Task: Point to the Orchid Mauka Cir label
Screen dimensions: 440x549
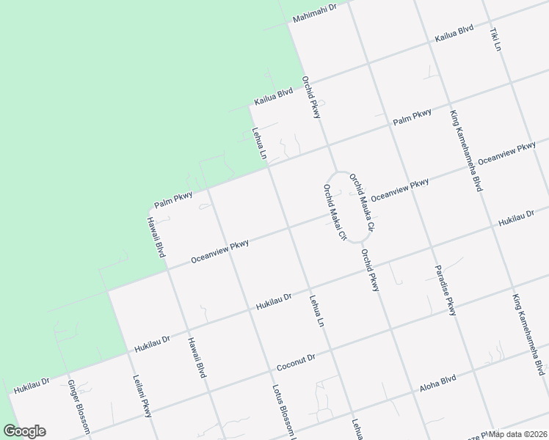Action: click(x=361, y=203)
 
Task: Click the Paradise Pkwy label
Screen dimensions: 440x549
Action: click(x=445, y=290)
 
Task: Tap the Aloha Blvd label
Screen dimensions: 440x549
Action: click(x=438, y=383)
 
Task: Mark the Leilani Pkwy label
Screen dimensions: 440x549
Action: click(x=142, y=396)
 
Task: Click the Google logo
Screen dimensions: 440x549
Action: click(x=23, y=431)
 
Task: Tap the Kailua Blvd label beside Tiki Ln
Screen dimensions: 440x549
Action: click(x=454, y=37)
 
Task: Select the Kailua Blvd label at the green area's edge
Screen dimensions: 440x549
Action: click(x=274, y=95)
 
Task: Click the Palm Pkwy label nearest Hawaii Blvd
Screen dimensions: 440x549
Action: click(x=173, y=198)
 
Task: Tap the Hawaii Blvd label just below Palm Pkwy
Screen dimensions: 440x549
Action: click(x=154, y=236)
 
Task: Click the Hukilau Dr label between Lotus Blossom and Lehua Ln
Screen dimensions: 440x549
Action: click(x=274, y=301)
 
